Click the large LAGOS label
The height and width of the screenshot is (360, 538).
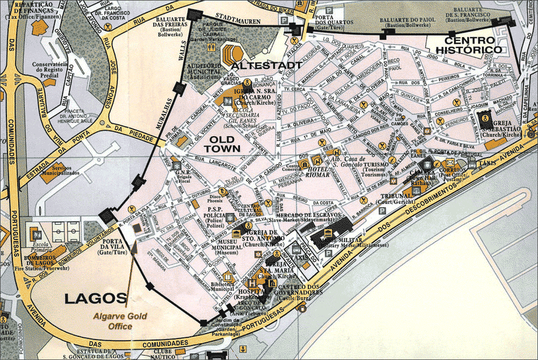click(96, 298)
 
